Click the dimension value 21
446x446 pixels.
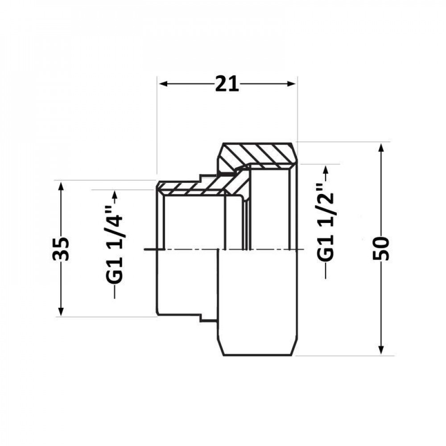tap(227, 84)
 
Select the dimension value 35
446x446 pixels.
tap(63, 248)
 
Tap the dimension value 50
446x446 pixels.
tap(382, 248)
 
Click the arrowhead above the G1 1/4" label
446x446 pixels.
tap(115, 195)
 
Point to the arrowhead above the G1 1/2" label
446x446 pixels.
tap(326, 170)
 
